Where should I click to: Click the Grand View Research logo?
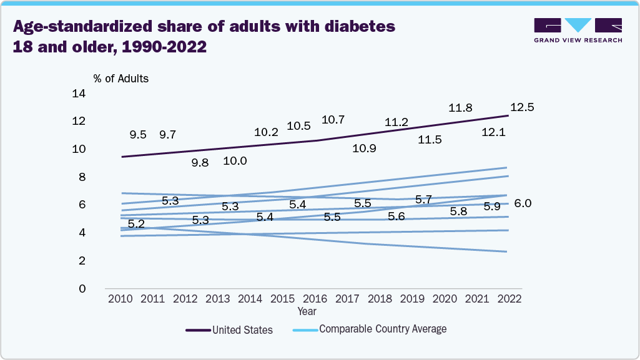pos(578,30)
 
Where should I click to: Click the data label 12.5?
pos(521,107)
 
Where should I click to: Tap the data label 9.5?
pos(138,135)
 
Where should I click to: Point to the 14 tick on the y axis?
pos(79,94)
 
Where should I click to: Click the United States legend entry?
pos(242,330)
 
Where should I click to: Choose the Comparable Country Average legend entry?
pos(382,328)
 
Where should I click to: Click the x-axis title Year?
pos(307,311)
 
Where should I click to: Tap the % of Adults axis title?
pos(121,79)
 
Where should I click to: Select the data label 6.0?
pos(523,203)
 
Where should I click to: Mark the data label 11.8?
pos(460,109)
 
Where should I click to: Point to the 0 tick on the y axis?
pos(82,289)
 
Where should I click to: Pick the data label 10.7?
pos(333,120)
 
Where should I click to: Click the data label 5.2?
pos(136,224)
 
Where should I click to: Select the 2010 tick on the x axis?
pos(120,299)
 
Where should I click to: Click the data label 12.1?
pos(493,132)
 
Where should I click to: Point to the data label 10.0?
pos(235,161)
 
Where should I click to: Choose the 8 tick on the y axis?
pos(82,177)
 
